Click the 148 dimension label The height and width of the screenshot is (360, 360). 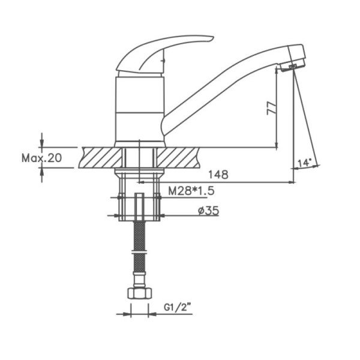click(x=218, y=175)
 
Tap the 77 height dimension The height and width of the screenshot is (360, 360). click(x=272, y=107)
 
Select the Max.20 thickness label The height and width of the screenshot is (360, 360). click(x=41, y=158)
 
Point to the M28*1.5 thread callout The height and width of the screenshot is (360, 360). click(x=191, y=191)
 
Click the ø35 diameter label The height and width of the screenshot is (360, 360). click(x=208, y=211)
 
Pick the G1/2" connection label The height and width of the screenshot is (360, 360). click(x=178, y=307)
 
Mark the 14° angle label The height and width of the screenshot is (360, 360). click(x=304, y=163)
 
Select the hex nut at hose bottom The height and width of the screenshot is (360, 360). click(x=140, y=293)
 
